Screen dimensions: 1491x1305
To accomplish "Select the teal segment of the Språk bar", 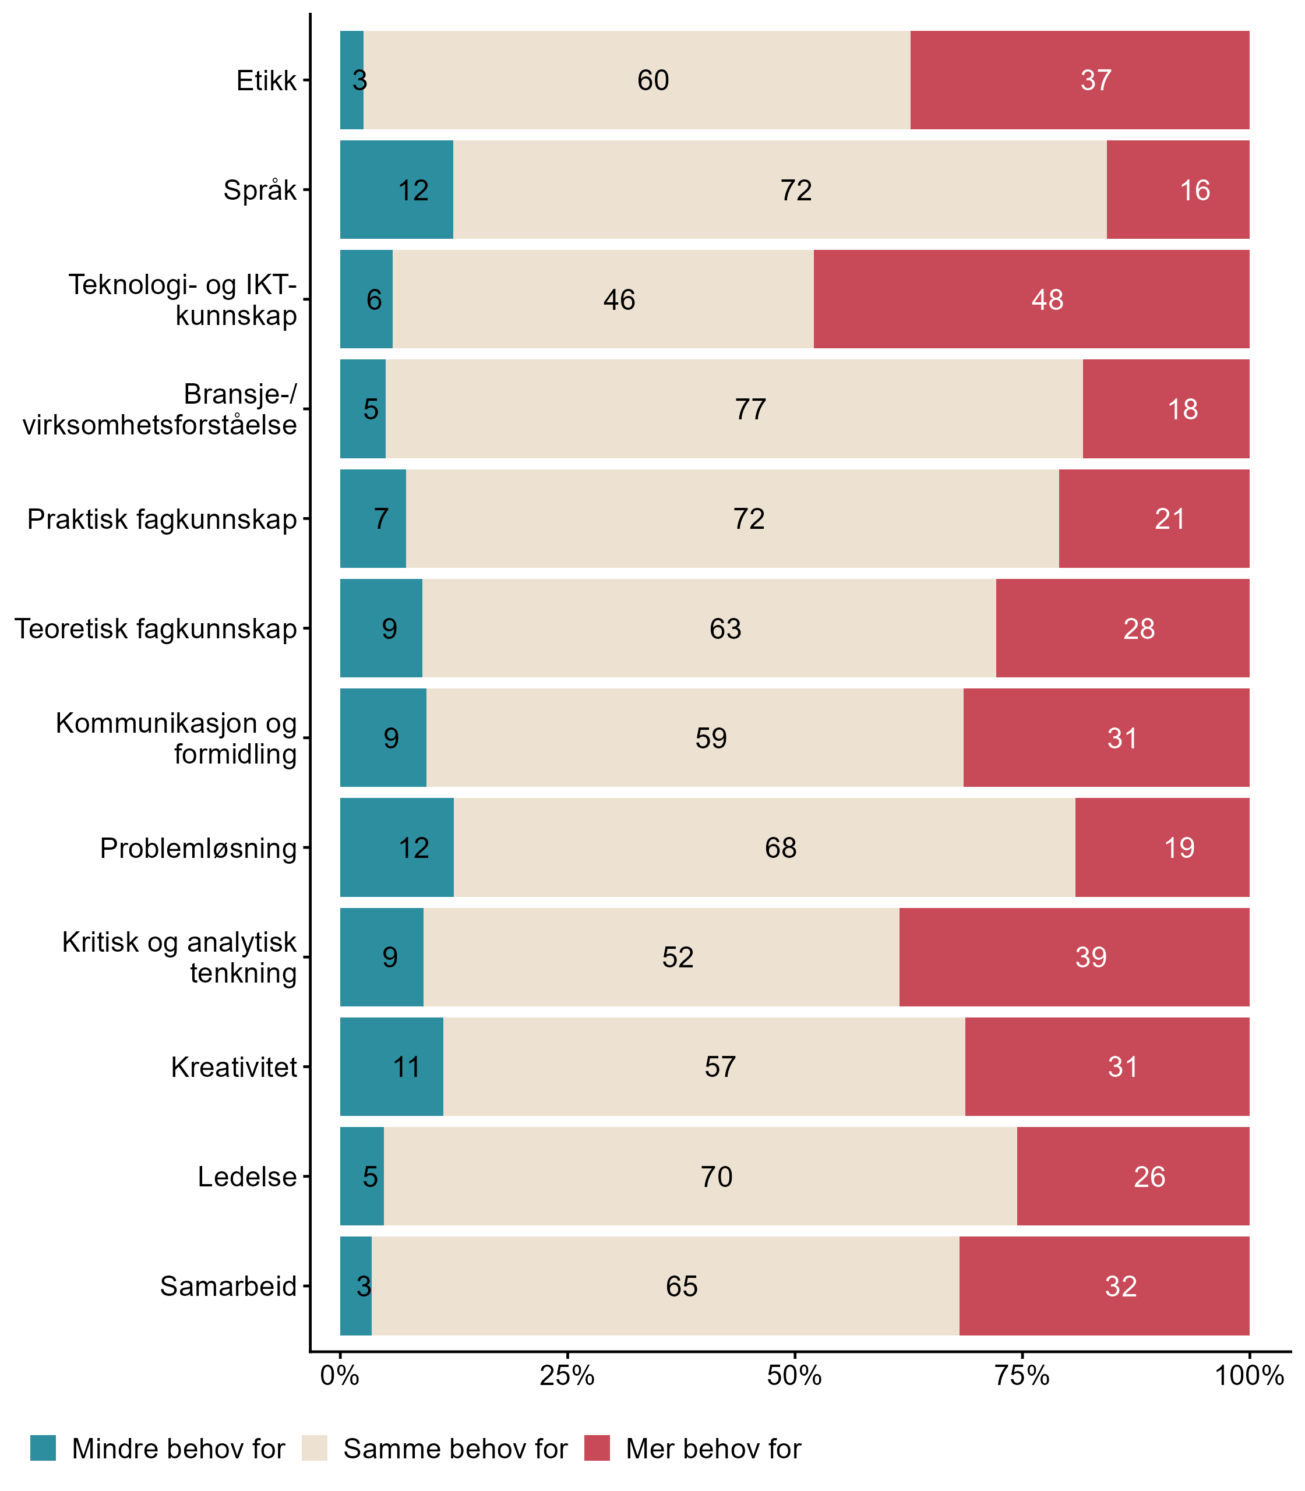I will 396,189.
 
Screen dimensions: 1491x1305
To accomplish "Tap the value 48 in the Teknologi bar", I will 1047,300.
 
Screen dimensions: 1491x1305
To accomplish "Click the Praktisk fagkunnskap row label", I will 162,519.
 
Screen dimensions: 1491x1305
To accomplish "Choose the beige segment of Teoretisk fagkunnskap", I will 708,628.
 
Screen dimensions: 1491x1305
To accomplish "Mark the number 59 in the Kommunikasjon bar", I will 711,739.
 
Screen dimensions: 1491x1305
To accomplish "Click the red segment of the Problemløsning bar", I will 1162,847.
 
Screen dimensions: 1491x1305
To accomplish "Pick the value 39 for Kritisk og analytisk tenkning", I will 1090,958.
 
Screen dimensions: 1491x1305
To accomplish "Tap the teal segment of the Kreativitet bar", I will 391,1066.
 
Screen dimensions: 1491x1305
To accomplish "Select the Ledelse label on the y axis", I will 247,1176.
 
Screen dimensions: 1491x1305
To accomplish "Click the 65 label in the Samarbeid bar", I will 682,1287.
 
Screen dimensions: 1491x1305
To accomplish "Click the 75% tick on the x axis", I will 1022,1376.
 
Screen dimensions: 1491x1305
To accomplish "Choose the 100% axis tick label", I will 1249,1376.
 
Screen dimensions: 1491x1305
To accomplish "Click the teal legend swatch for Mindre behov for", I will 43,1448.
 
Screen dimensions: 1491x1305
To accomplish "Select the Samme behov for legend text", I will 455,1449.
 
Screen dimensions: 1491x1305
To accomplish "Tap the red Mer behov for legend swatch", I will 597,1448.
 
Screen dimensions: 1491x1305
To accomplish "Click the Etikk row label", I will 267,80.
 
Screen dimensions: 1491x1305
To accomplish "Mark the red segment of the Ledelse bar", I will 1133,1176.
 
